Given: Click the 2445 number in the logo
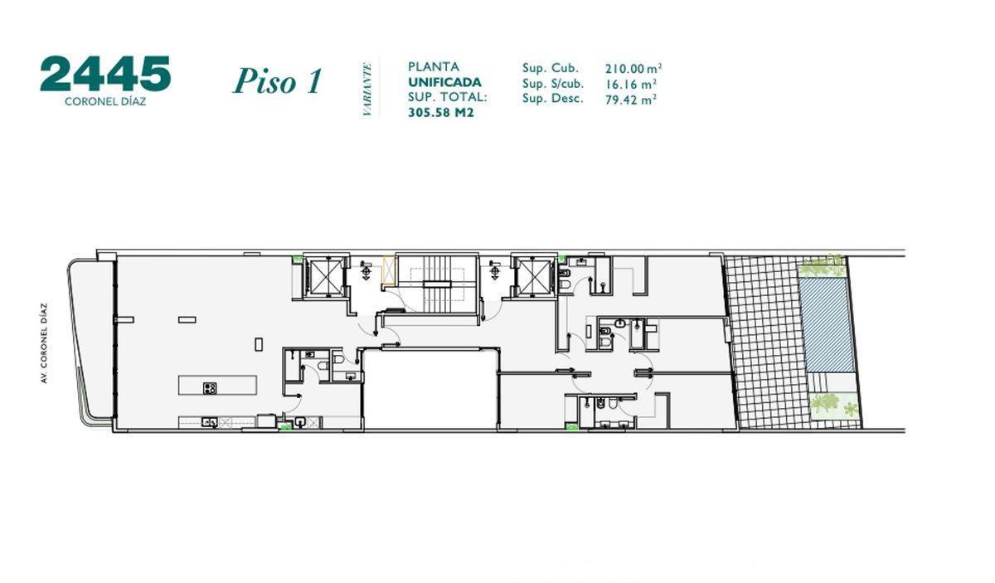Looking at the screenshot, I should pyautogui.click(x=105, y=75).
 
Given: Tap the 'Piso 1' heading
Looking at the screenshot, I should pyautogui.click(x=276, y=81).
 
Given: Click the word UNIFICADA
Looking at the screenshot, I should pyautogui.click(x=444, y=82).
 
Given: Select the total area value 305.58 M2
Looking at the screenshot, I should pyautogui.click(x=441, y=113).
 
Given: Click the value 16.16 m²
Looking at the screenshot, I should pyautogui.click(x=630, y=84).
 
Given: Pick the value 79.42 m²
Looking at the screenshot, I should pyautogui.click(x=630, y=99).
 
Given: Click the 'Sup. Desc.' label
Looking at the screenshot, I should pyautogui.click(x=553, y=99).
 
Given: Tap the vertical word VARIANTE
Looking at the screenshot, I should pyautogui.click(x=367, y=88).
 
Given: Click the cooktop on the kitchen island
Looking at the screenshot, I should pyautogui.click(x=210, y=387).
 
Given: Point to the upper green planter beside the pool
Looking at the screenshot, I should pyautogui.click(x=823, y=267).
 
